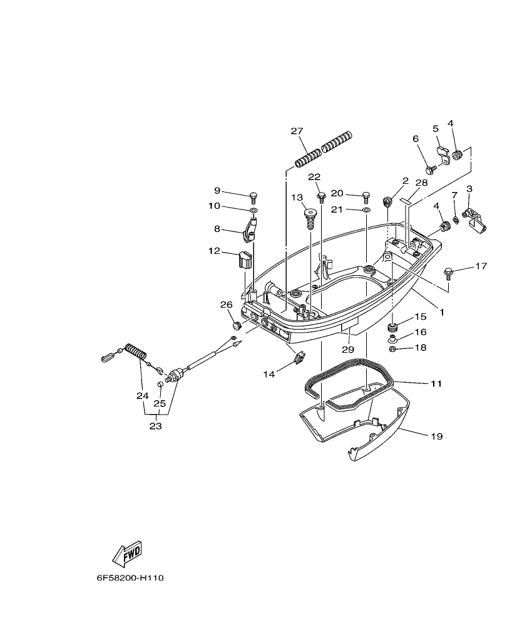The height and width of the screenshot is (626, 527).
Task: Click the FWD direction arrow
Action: coord(127,553)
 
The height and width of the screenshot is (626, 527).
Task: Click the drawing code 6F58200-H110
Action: coord(130,578)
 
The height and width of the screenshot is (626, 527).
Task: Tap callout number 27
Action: coord(297,131)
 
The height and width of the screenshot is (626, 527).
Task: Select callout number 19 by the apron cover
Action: coord(436,436)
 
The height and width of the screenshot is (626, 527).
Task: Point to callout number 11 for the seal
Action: coord(436,383)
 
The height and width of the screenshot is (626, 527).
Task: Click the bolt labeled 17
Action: coord(448,272)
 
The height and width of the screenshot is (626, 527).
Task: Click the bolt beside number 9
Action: coord(253,197)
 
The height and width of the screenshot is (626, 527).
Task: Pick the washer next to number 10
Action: coord(253,211)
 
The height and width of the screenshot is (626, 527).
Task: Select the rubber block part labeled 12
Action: coord(244,258)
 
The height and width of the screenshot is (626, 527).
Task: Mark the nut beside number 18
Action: coord(392,348)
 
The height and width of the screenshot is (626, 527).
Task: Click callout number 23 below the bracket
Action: coord(155,426)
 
